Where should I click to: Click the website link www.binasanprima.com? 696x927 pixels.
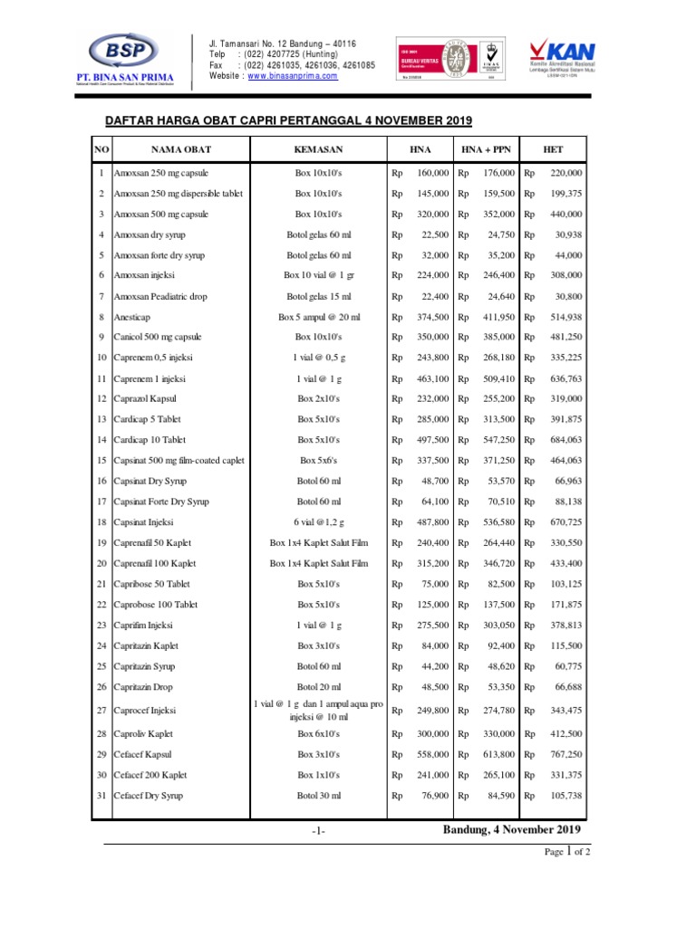(x=292, y=76)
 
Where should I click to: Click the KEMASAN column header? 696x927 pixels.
(x=318, y=148)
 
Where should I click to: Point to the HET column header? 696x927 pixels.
(x=553, y=148)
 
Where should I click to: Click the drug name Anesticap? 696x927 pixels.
(x=134, y=317)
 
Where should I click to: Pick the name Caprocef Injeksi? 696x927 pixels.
(x=145, y=711)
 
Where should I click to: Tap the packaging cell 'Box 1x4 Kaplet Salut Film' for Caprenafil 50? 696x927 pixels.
(x=318, y=542)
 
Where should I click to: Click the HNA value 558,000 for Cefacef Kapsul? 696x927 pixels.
(x=430, y=754)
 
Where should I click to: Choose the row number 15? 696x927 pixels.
(x=101, y=460)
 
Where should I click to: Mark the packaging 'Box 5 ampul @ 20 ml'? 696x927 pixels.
(x=318, y=317)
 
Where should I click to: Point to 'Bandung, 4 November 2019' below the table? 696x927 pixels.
(x=512, y=830)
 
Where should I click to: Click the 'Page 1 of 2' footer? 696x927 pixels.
(x=567, y=852)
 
